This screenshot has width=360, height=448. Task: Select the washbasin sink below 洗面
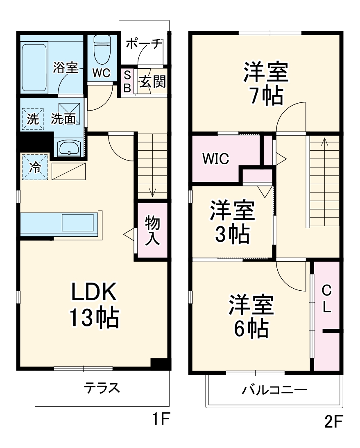[x=69, y=147]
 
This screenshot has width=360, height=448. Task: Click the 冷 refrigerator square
[x=35, y=167]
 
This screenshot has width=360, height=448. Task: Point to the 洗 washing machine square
[x=32, y=119]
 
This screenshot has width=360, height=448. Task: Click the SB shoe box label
[x=127, y=81]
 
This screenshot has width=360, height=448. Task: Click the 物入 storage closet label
[x=152, y=231]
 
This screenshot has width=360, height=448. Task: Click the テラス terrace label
[x=102, y=387]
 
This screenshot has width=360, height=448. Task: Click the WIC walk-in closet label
[x=215, y=159]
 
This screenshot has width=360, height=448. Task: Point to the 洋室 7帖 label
[x=266, y=84]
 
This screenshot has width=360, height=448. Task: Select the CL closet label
[x=326, y=299]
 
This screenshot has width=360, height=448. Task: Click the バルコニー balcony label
[x=274, y=389]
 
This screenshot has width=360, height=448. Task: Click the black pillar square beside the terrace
[x=160, y=364]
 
